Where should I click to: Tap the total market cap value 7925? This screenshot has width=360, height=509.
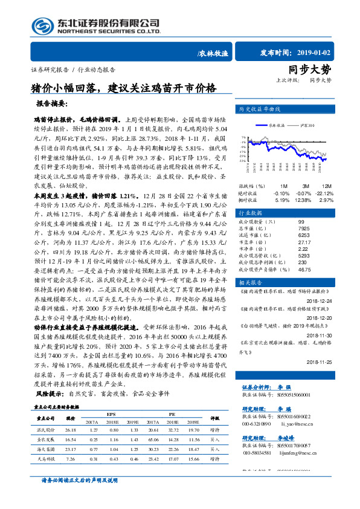pos(306,229)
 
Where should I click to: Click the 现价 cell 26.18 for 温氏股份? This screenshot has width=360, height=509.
pos(70,429)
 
